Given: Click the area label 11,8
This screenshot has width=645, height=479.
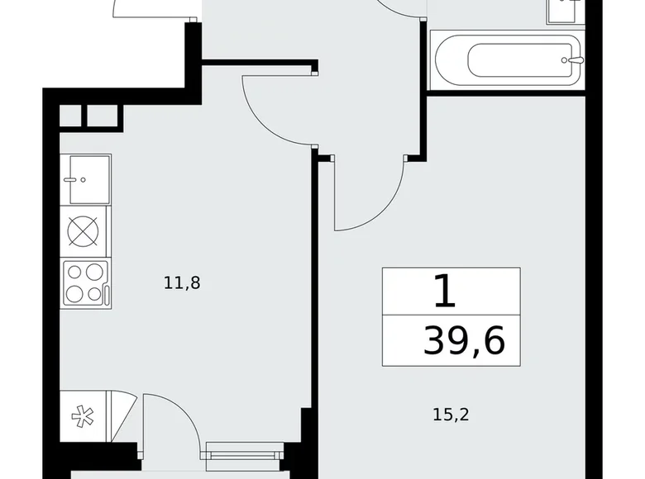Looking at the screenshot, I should point(183,283).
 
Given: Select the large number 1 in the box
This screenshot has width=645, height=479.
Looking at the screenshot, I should point(444,291).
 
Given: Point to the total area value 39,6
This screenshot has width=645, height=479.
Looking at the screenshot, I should point(464,339).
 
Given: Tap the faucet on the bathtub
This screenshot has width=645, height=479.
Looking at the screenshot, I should point(576,59).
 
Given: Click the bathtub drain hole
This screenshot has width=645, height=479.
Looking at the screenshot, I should point(565,59).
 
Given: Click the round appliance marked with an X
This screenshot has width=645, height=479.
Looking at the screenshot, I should point(84,230).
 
